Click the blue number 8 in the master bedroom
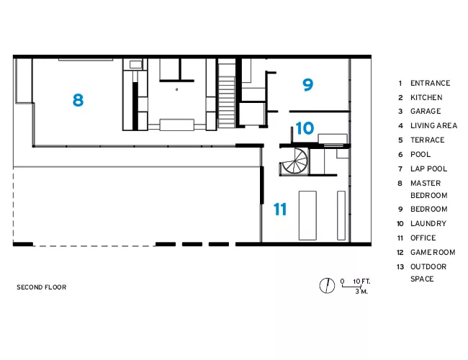[78, 100]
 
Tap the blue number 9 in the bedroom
[307, 84]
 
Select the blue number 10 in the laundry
[305, 128]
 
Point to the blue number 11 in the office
[280, 209]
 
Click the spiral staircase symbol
[294, 161]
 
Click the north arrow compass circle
[327, 285]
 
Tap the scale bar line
[351, 287]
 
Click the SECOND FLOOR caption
[42, 287]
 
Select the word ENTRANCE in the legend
[430, 83]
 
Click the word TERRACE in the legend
[428, 140]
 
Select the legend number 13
[400, 266]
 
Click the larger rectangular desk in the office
[307, 215]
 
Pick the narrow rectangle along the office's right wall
[341, 215]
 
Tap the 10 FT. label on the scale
[361, 282]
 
